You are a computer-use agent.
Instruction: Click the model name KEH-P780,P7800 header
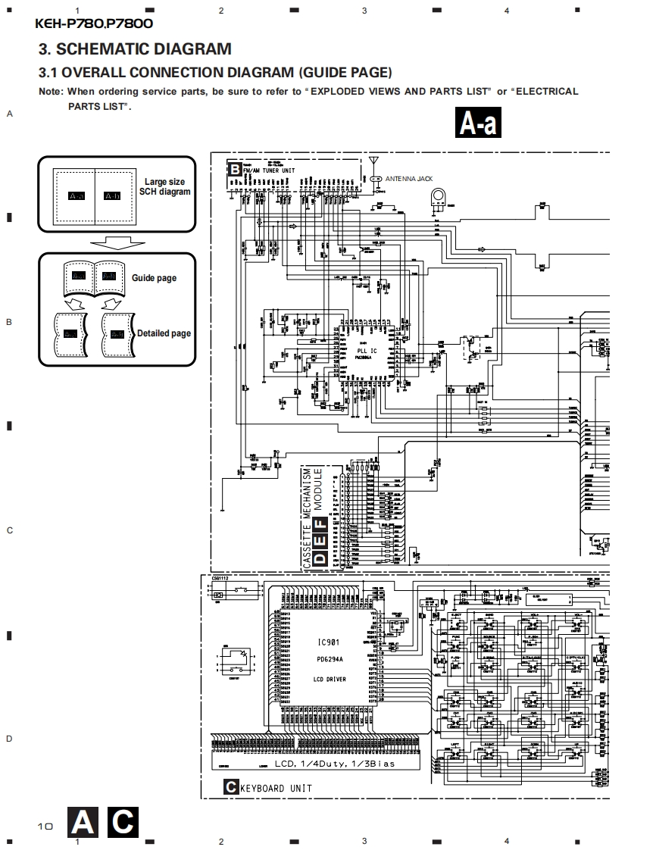[94, 23]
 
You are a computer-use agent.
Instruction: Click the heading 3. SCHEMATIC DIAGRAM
[135, 49]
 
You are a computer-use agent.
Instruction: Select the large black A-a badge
[478, 123]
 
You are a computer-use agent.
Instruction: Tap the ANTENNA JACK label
[409, 179]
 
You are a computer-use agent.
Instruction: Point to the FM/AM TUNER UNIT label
[270, 171]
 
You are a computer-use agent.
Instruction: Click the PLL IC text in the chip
[367, 350]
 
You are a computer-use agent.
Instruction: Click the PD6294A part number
[330, 660]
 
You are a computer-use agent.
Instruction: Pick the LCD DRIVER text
[330, 680]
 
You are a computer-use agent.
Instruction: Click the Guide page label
[154, 278]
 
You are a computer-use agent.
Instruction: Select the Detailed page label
[164, 333]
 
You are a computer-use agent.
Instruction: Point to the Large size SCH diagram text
[164, 186]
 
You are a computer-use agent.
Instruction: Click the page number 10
[45, 826]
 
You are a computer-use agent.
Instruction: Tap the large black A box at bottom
[83, 822]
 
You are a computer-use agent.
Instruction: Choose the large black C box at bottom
[122, 822]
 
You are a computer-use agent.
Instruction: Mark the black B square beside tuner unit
[235, 170]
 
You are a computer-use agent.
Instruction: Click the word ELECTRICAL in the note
[547, 91]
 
